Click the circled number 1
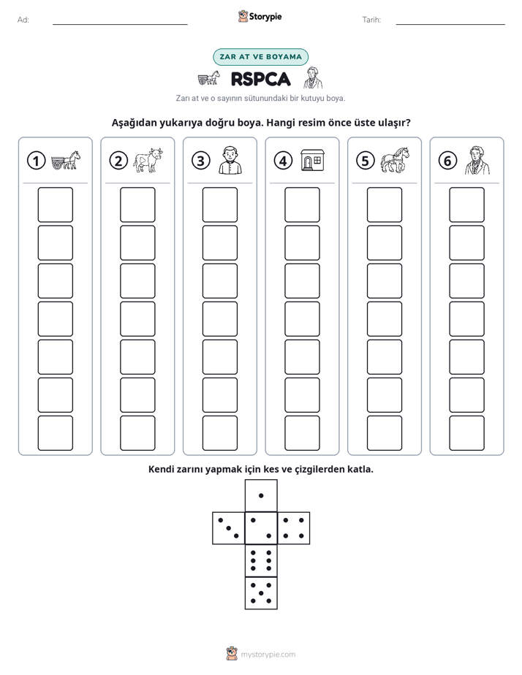[x=36, y=161]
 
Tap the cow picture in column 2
[x=148, y=160]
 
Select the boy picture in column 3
[x=230, y=160]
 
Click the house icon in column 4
[x=312, y=161]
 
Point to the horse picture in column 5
[x=395, y=160]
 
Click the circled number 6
[x=447, y=161]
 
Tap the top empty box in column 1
[x=55, y=205]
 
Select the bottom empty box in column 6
[x=467, y=433]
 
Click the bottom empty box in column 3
[x=219, y=433]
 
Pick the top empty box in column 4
[x=303, y=205]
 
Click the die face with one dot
[x=261, y=495]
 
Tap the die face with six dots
[x=261, y=560]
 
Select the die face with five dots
[x=261, y=593]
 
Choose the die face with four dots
[x=294, y=528]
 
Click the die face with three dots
[x=229, y=528]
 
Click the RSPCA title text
[x=260, y=79]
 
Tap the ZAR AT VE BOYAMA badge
[x=260, y=57]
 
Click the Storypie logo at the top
[x=260, y=17]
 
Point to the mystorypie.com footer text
[x=268, y=655]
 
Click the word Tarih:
[x=371, y=20]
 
